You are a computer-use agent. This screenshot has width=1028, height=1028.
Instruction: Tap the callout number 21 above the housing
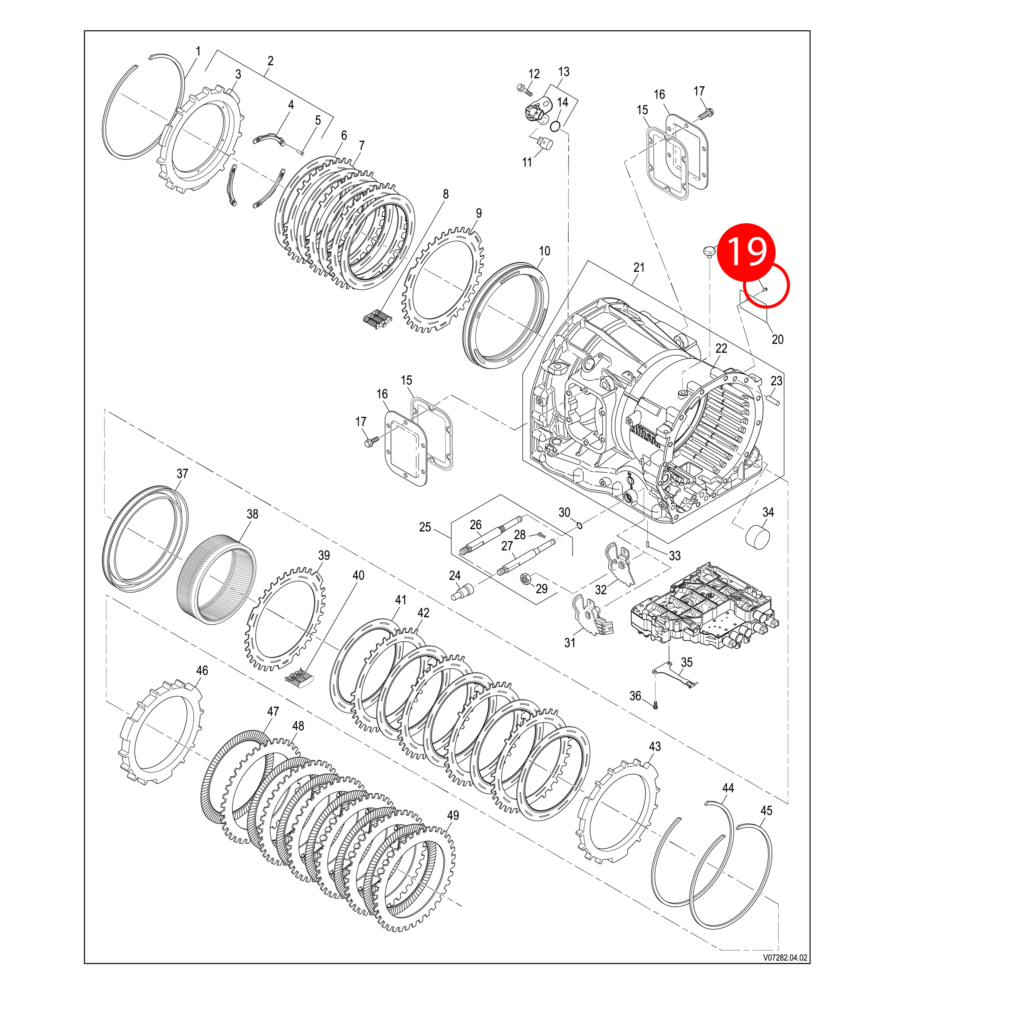[x=638, y=268]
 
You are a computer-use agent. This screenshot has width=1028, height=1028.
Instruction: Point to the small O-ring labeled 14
[x=555, y=126]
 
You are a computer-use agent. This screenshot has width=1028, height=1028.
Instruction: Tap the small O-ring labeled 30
[x=579, y=526]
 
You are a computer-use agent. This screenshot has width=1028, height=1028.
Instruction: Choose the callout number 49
[x=453, y=815]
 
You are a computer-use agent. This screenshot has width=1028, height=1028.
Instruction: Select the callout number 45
[x=766, y=810]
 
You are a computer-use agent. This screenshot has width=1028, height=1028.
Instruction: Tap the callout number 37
[x=182, y=473]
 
